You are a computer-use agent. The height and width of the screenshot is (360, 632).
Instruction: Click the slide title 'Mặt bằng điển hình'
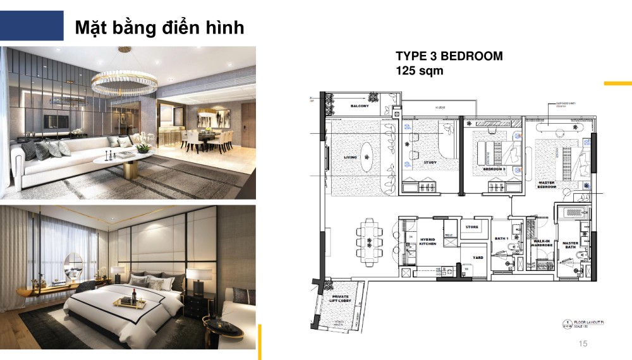click(159, 28)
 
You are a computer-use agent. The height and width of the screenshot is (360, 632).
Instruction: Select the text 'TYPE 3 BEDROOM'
click(449, 56)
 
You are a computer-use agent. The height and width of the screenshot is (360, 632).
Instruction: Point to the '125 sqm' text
click(419, 71)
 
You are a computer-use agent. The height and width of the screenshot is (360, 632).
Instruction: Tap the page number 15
click(583, 343)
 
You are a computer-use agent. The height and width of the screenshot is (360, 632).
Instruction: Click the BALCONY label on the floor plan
click(360, 106)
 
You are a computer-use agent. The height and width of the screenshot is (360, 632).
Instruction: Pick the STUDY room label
click(430, 162)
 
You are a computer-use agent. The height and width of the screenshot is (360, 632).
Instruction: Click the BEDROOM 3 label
click(494, 170)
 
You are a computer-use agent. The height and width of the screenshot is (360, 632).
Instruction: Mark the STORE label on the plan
click(471, 226)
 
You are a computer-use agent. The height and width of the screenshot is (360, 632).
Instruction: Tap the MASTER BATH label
click(570, 244)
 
